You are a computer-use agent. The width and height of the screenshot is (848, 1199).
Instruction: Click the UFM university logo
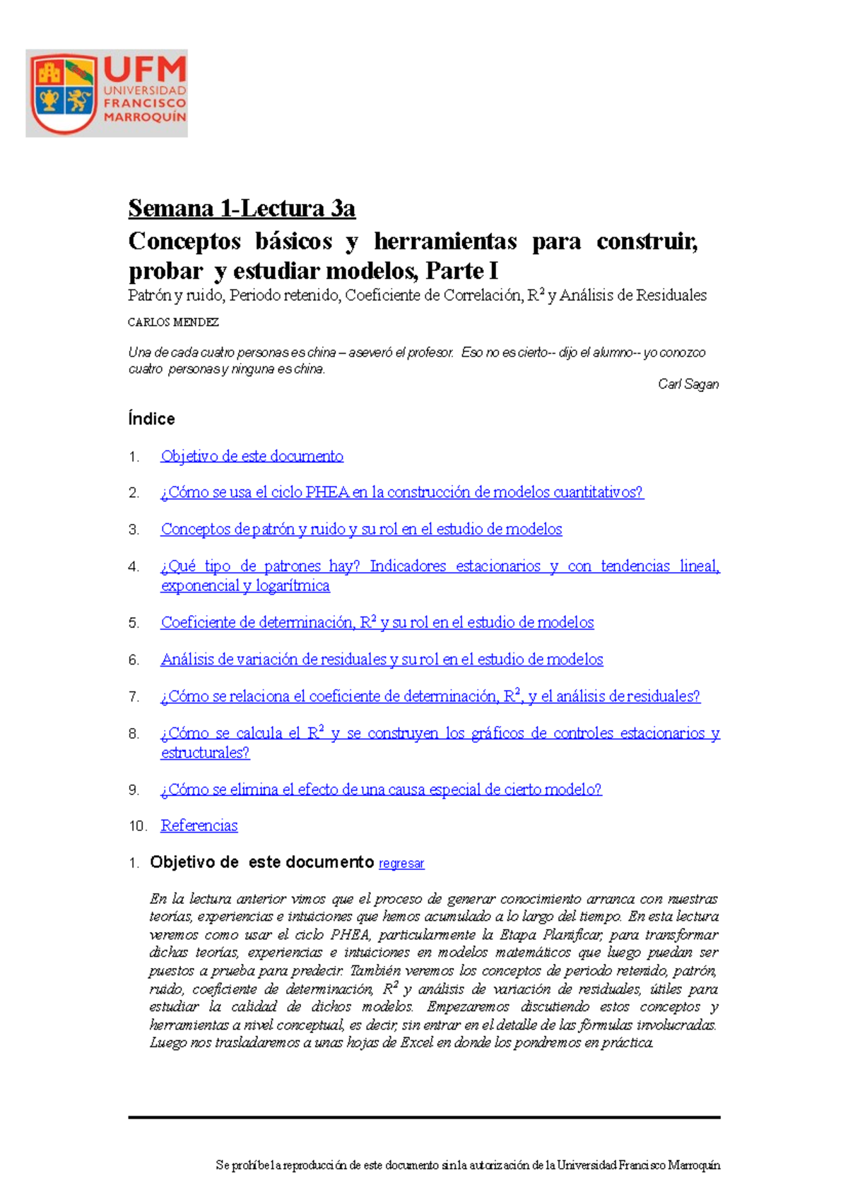coord(107,93)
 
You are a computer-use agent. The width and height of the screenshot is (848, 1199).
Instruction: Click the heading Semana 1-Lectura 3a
coord(242,208)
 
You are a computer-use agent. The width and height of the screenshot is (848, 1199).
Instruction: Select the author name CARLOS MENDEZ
coord(173,322)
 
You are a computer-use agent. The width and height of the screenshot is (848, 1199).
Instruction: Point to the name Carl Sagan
coord(688,384)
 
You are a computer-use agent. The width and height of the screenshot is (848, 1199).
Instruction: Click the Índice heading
coord(151,419)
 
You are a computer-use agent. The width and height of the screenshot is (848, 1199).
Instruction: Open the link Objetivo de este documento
coord(252,456)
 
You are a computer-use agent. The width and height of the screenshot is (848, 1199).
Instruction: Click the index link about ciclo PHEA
coord(401,492)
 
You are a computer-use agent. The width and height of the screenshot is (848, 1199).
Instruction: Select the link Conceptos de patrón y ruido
coord(361,529)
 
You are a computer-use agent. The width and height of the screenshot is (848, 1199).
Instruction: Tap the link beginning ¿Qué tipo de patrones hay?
coord(440,566)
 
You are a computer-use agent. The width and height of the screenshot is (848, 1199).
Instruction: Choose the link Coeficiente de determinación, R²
coord(377,622)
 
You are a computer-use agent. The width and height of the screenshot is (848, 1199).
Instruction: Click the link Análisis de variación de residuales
coord(382,660)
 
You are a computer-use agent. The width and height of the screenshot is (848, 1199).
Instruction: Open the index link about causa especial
coord(381,789)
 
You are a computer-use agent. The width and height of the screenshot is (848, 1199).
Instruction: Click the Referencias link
coord(199,825)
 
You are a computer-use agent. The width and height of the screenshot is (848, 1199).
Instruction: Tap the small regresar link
coord(401,864)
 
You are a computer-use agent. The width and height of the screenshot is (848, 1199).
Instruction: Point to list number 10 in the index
coord(137,826)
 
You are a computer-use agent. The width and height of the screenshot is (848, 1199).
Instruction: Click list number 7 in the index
coord(134,697)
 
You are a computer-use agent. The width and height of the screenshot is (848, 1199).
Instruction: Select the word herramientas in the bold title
coord(445,241)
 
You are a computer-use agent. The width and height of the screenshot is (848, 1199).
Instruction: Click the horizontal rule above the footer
coord(424,1117)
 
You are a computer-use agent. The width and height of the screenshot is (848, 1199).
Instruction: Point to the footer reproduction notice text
coord(468,1166)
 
